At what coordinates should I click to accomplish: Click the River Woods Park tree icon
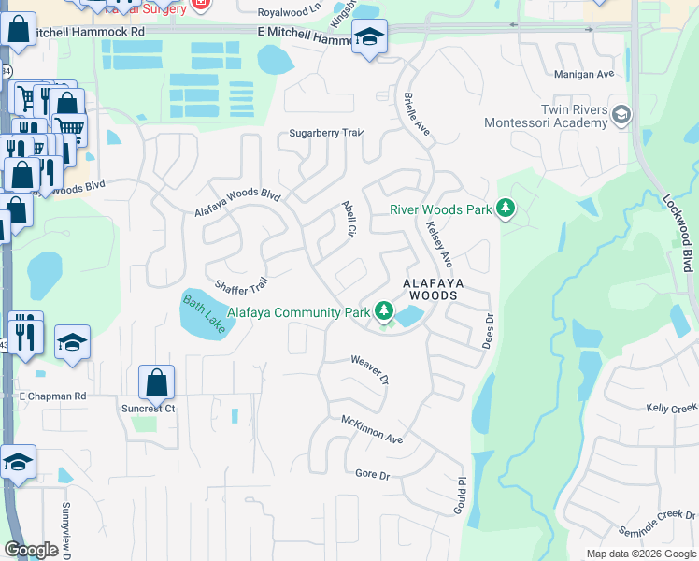[x=506, y=208]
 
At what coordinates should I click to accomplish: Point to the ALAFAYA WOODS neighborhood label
[x=430, y=288]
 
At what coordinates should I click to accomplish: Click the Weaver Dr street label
[x=369, y=367]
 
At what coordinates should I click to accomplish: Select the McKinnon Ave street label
[x=371, y=431]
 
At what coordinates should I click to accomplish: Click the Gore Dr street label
[x=372, y=475]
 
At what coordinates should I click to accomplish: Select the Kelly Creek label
[x=672, y=409]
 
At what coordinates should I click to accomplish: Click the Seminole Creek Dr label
[x=658, y=521]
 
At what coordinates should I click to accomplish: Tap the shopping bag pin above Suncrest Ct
[x=156, y=381]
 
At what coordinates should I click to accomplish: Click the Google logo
[x=31, y=550]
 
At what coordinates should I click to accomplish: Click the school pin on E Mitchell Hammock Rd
[x=370, y=37]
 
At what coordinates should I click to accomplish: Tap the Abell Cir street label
[x=350, y=218]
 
